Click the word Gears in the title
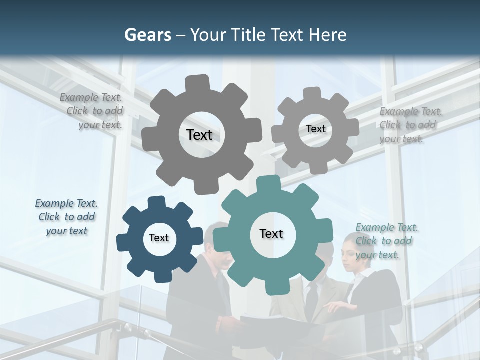pos(147,35)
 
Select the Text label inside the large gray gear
pos(199,135)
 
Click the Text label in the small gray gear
pos(315,129)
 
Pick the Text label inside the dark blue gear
pos(159,238)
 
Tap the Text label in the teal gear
pos(271,233)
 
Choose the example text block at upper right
pos(410,125)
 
